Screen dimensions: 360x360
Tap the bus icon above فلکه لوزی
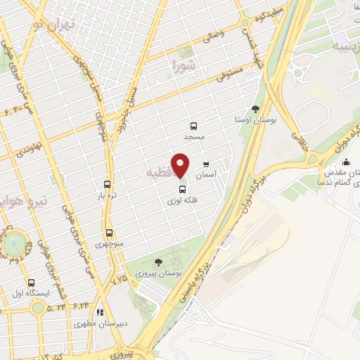click(182, 189)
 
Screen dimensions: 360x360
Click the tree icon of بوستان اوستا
click(255, 109)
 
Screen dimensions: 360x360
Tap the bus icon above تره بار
click(107, 184)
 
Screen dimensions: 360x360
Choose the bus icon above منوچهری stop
click(108, 233)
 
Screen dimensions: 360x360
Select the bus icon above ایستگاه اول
click(30, 279)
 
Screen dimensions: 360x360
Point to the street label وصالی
click(212, 34)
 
